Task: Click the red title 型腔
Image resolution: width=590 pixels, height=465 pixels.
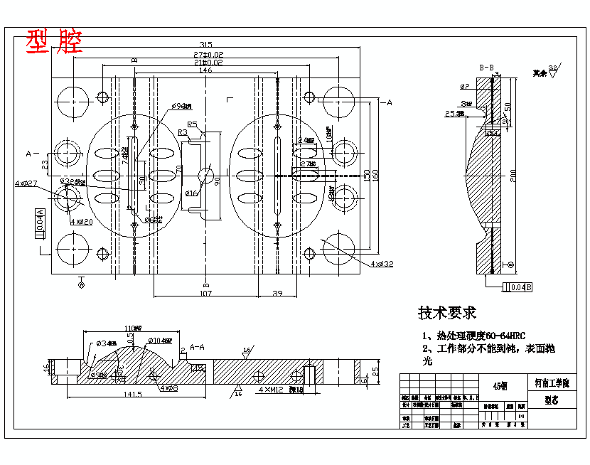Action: [54, 43]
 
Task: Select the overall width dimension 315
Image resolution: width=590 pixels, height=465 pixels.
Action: [205, 45]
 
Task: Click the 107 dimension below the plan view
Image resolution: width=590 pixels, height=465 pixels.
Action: [205, 293]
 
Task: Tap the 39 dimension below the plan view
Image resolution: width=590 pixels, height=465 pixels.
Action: [278, 293]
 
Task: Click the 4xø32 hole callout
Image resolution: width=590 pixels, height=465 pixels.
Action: [382, 263]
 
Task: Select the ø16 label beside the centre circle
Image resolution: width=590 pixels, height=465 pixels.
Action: [191, 193]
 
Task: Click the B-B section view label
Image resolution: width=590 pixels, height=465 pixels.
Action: [487, 68]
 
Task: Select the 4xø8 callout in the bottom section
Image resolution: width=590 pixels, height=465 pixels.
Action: [168, 388]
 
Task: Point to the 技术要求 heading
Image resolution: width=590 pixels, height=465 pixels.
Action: [446, 313]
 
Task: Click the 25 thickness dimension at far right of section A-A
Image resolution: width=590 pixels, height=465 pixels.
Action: [376, 370]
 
